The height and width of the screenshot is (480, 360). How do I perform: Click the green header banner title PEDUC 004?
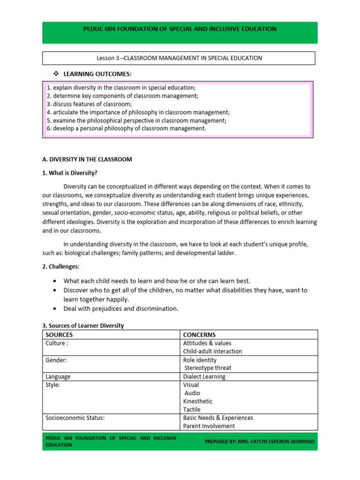pyautogui.click(x=180, y=29)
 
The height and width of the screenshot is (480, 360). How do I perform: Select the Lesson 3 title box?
pyautogui.click(x=179, y=58)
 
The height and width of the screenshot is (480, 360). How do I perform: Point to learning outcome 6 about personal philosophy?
pyautogui.click(x=126, y=128)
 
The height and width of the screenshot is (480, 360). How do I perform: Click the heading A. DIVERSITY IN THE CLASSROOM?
pyautogui.click(x=87, y=159)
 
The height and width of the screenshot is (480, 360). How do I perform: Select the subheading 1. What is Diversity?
pyautogui.click(x=70, y=173)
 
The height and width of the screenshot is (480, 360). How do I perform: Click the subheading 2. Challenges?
pyautogui.click(x=61, y=267)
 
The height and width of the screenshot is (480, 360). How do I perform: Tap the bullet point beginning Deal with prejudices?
pyautogui.click(x=121, y=308)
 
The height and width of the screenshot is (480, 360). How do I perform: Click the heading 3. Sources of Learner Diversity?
pyautogui.click(x=83, y=325)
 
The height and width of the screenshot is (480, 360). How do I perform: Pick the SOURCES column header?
pyautogui.click(x=59, y=335)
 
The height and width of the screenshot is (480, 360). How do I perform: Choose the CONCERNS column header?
pyautogui.click(x=199, y=335)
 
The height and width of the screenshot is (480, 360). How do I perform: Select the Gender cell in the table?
pyautogui.click(x=56, y=360)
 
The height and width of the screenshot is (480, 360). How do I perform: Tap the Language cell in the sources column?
pyautogui.click(x=58, y=376)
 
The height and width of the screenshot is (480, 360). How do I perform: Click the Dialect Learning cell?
pyautogui.click(x=204, y=376)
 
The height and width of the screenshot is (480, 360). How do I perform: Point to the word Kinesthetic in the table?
pyautogui.click(x=198, y=401)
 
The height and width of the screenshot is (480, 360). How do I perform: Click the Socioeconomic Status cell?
pyautogui.click(x=75, y=418)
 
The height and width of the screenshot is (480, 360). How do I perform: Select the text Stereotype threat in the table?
pyautogui.click(x=208, y=368)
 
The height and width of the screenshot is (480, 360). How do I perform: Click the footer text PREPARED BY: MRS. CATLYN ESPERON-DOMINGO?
pyautogui.click(x=259, y=442)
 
